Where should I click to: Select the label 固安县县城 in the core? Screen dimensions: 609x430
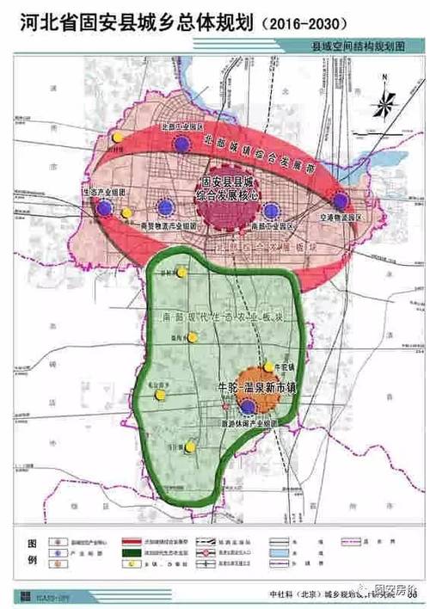[224, 182]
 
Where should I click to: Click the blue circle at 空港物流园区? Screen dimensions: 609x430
[341, 200]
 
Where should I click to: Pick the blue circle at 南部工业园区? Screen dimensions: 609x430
[272, 210]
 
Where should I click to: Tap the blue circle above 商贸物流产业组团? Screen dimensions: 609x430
[165, 207]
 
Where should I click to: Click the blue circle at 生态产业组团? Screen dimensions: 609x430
[104, 207]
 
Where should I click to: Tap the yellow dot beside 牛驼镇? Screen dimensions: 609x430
[268, 366]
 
